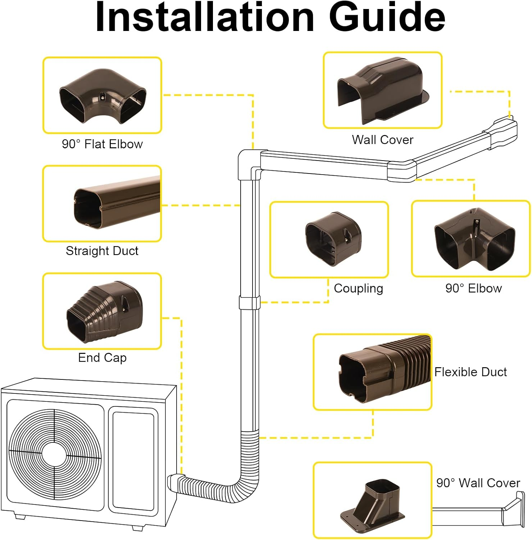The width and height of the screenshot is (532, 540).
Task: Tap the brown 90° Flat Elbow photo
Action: pos(103,96)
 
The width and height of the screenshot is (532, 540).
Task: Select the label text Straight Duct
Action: pos(102,251)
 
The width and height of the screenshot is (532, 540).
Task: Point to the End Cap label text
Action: pos(102,357)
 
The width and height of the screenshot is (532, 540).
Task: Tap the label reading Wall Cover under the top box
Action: pos(382,140)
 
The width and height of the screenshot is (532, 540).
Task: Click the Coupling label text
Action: pos(358,288)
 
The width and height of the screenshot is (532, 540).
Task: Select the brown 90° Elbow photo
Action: pos(474,239)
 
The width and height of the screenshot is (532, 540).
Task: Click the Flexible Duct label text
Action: pos(470,372)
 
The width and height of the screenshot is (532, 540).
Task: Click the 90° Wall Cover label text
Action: pos(478,483)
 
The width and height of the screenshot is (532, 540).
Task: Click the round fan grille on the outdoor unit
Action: pos(55,454)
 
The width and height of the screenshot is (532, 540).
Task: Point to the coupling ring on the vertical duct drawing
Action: pos(249,302)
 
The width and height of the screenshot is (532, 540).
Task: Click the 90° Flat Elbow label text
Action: pos(102,144)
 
